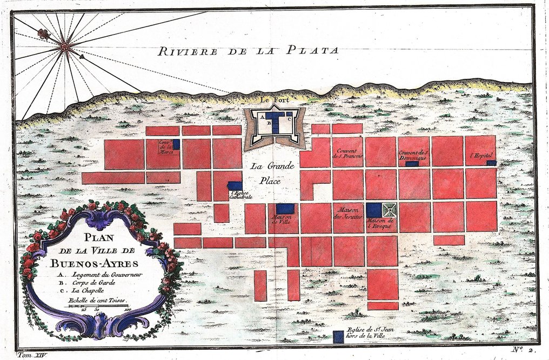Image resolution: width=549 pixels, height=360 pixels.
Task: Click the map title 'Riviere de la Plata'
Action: coord(248,51)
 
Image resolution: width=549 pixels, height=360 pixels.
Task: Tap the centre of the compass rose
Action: coord(64,47)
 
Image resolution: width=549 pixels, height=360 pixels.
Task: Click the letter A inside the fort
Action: coord(263,116)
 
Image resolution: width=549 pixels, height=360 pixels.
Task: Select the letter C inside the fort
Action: coord(290,118)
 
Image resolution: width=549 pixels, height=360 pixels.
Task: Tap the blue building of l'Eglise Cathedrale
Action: coord(235,185)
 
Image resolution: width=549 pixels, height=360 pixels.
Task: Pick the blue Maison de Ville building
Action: coord(285,209)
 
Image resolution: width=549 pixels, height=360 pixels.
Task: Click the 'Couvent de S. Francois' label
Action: coord(347,154)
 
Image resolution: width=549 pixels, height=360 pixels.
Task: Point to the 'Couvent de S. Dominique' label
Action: coord(413,155)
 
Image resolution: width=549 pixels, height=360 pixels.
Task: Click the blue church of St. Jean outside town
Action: coord(338,337)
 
